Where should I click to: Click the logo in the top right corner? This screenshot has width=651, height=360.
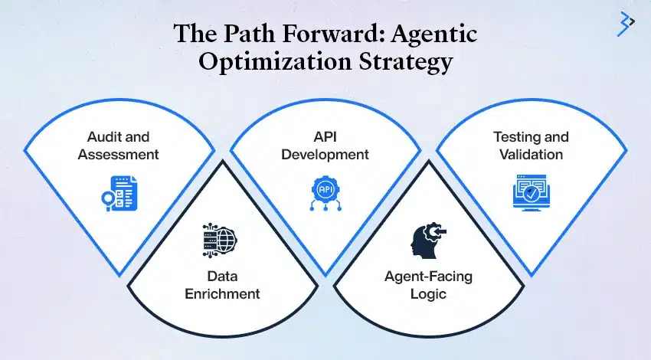coord(626,25)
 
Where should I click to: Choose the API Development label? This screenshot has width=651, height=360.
coord(325,146)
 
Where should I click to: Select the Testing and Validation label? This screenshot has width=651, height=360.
coord(531,146)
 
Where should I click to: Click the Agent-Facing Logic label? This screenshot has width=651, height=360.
coord(427,285)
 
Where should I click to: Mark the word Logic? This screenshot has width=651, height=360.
coord(427,293)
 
